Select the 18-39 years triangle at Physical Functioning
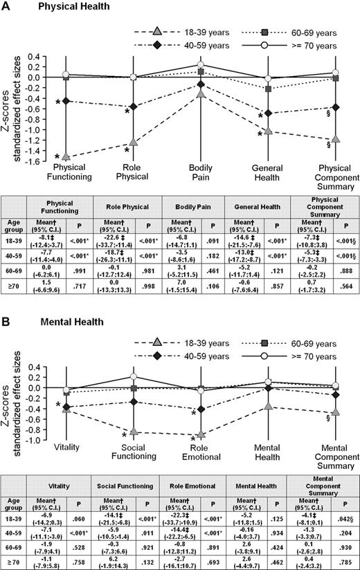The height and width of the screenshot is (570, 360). tap(66, 156)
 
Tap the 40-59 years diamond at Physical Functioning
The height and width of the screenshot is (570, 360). tap(66, 101)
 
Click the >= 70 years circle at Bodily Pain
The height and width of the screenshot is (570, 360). tap(201, 64)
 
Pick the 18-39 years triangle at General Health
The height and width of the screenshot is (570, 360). tap(268, 131)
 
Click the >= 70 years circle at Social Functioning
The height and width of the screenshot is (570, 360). tap(134, 376)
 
